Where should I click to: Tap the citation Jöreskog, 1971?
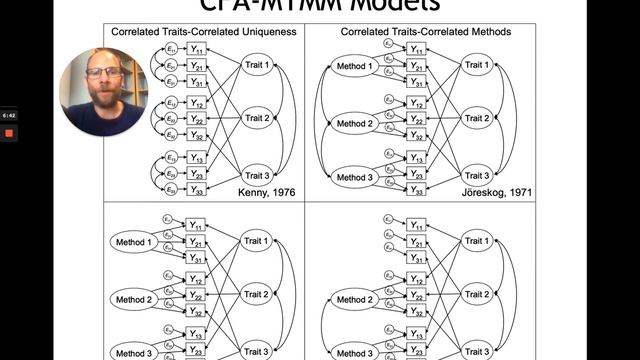pyautogui.click(x=487, y=190)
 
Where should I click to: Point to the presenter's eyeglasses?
pyautogui.click(x=104, y=73)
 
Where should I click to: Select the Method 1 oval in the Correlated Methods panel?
pyautogui.click(x=355, y=67)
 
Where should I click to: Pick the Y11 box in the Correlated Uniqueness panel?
pyautogui.click(x=197, y=49)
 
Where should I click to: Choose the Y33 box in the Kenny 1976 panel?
pyautogui.click(x=197, y=190)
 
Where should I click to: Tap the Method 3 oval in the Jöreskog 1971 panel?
pyautogui.click(x=355, y=177)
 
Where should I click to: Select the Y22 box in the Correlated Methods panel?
pyautogui.click(x=417, y=119)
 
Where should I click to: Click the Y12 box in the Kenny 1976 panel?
pyautogui.click(x=197, y=103)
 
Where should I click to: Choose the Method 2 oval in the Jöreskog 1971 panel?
pyautogui.click(x=355, y=122)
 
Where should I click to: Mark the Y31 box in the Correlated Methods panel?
pyautogui.click(x=417, y=82)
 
